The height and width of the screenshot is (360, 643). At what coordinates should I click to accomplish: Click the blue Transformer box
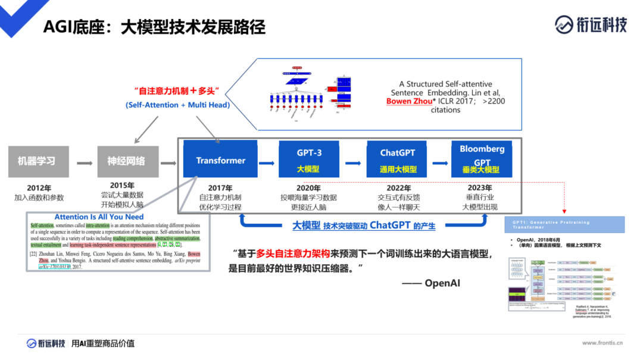coord(220,159)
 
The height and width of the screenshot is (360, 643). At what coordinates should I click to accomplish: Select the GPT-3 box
coord(309,159)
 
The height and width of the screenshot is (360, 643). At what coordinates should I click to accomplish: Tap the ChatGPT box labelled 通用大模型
coord(398,159)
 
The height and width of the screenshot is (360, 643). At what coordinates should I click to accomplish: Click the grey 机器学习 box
coord(36,161)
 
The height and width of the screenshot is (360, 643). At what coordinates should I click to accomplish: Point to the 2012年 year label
coord(39,188)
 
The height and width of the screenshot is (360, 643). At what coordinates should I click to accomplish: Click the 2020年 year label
coord(308,188)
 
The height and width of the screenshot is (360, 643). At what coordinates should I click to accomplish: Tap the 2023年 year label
coord(479,188)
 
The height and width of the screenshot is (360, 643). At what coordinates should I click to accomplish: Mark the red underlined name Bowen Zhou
coord(407,101)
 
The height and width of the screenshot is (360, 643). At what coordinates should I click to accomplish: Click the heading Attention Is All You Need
coord(99,217)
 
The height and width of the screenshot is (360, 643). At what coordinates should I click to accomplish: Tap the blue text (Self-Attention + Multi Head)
coord(177,105)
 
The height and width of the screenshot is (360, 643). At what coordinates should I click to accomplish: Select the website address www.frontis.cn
coord(602,343)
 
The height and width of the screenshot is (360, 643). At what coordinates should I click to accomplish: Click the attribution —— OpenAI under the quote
coord(431,283)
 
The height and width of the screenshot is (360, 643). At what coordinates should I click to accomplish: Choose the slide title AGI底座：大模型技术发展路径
coord(154,27)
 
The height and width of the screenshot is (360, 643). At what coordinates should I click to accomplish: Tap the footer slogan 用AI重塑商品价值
coord(103,343)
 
